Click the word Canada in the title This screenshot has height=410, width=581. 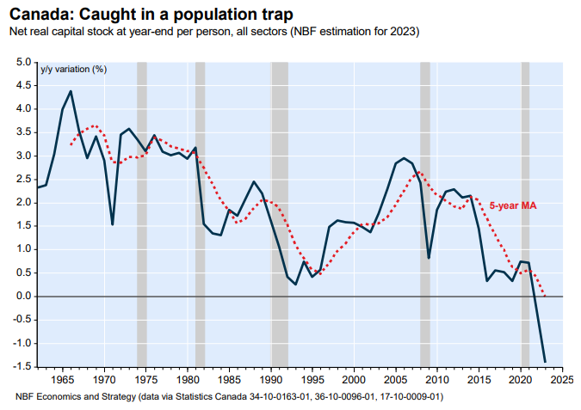tap(40, 14)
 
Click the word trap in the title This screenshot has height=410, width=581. tap(274, 14)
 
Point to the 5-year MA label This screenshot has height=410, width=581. tap(513, 205)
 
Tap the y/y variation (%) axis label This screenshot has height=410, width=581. tap(73, 69)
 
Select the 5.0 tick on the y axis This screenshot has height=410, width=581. tap(22, 63)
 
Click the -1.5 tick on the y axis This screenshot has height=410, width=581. tap(21, 366)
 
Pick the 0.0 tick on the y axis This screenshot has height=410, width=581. tap(22, 297)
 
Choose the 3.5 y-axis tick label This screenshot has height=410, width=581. tap(22, 133)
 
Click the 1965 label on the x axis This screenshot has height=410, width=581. tap(63, 379)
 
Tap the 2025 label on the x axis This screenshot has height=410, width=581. tap(562, 379)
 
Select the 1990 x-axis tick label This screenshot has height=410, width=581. tap(271, 379)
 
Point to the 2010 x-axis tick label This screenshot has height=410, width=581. tap(437, 379)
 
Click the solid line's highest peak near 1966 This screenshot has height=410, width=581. tap(71, 91)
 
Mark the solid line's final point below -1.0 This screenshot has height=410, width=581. tap(545, 361)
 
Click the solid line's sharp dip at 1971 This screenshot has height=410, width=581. tap(113, 224)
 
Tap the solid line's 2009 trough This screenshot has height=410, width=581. tap(429, 258)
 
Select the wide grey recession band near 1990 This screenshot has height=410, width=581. tap(280, 215)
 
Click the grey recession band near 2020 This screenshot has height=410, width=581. tap(525, 215)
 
